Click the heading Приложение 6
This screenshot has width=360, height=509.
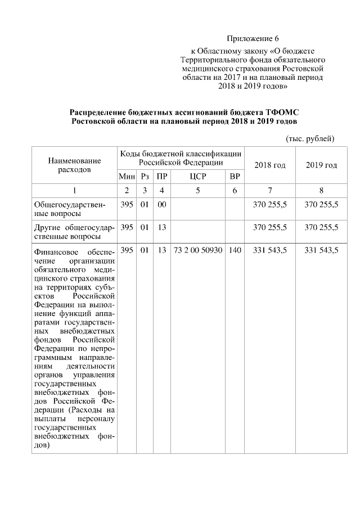tap(253, 39)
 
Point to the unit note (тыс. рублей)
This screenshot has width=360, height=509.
tap(310, 138)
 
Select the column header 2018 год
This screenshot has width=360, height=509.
tap(270, 165)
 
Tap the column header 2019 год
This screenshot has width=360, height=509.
tap(321, 165)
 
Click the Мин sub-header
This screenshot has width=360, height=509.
tap(127, 177)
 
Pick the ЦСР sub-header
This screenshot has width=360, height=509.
tap(198, 177)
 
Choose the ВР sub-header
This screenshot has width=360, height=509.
tap(235, 177)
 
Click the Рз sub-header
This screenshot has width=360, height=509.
tap(145, 177)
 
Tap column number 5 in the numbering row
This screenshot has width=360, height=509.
tap(198, 190)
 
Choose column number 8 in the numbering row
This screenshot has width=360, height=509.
tap(321, 190)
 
